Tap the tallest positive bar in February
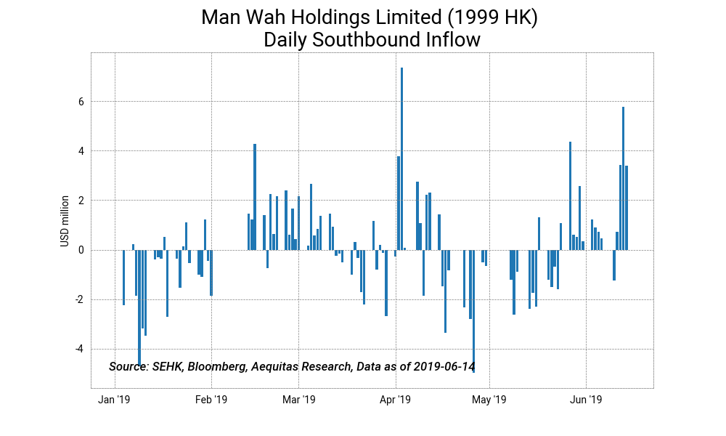[255, 196]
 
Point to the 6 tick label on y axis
[82, 102]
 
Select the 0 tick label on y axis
[82, 250]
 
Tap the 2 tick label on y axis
[82, 201]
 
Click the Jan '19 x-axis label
[114, 400]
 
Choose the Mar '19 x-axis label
[298, 400]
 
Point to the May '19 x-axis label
[489, 400]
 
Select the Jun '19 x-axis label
[586, 400]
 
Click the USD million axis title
[65, 220]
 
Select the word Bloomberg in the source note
[216, 366]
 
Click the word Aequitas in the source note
[274, 366]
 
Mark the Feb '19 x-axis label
[211, 400]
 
